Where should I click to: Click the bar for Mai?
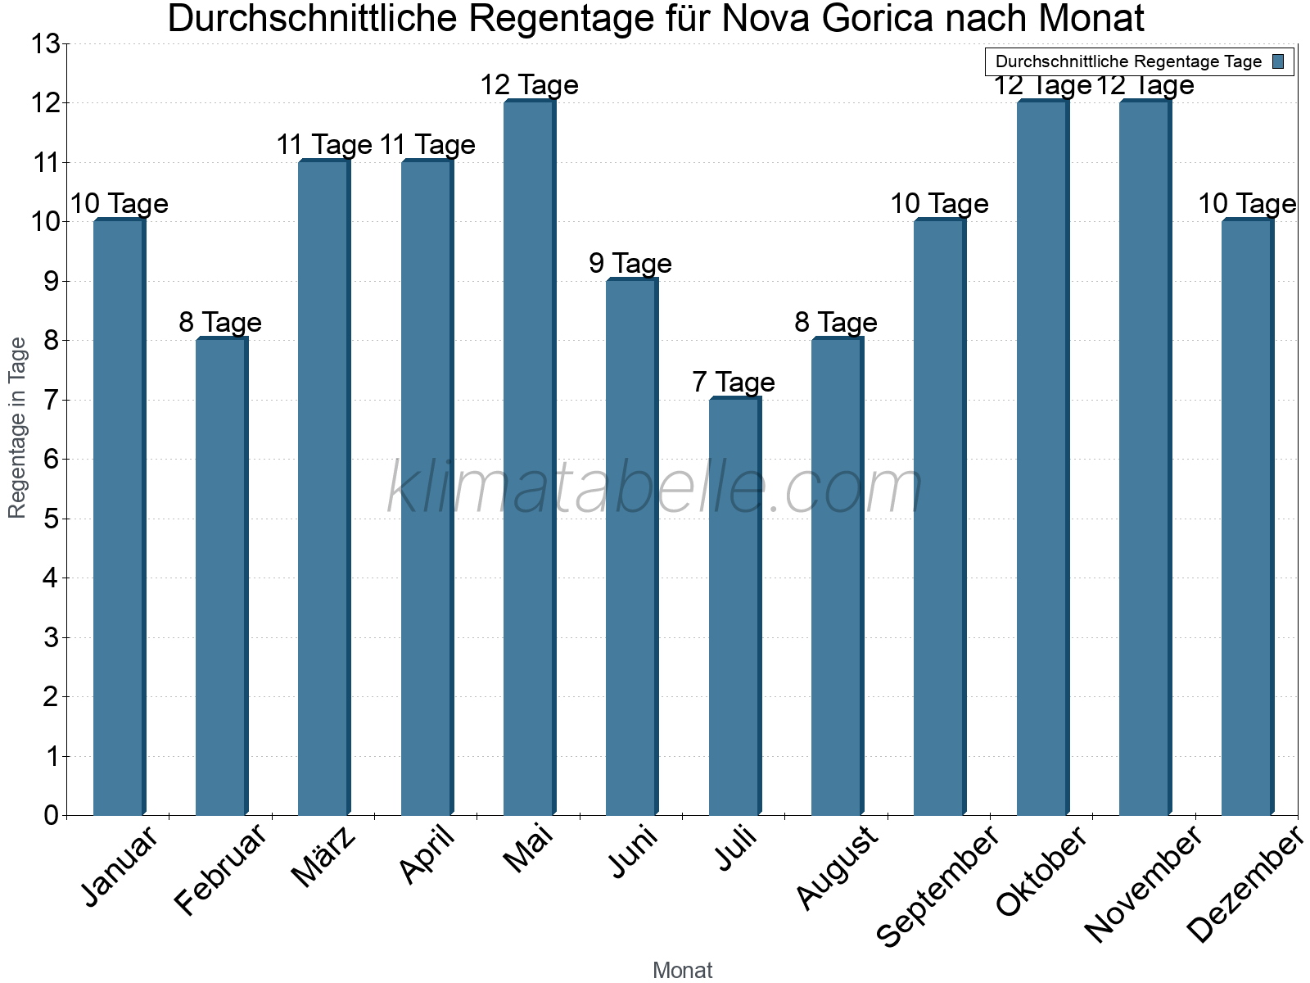click(x=529, y=459)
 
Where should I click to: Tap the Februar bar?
click(x=221, y=577)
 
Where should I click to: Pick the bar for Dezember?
click(x=1247, y=518)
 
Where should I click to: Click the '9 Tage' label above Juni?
click(x=630, y=264)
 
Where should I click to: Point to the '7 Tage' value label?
click(x=733, y=383)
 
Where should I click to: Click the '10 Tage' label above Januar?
click(x=119, y=204)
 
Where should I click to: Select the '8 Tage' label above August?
click(x=835, y=323)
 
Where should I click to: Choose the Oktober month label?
click(x=1041, y=872)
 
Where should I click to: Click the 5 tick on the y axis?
click(x=52, y=519)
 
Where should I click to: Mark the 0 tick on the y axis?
click(x=52, y=816)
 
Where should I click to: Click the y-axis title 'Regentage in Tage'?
click(x=18, y=428)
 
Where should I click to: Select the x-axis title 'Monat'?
click(x=682, y=971)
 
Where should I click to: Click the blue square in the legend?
click(x=1278, y=61)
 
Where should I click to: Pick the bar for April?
click(x=427, y=488)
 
